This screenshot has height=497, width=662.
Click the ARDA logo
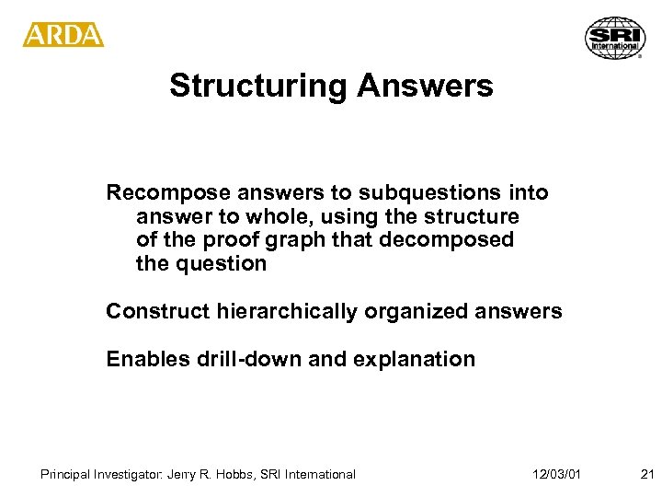pyautogui.click(x=63, y=35)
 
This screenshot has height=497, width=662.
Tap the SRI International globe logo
pyautogui.click(x=614, y=39)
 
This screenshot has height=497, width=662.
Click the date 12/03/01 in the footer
pyautogui.click(x=556, y=475)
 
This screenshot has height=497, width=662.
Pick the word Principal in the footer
pyautogui.click(x=65, y=475)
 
